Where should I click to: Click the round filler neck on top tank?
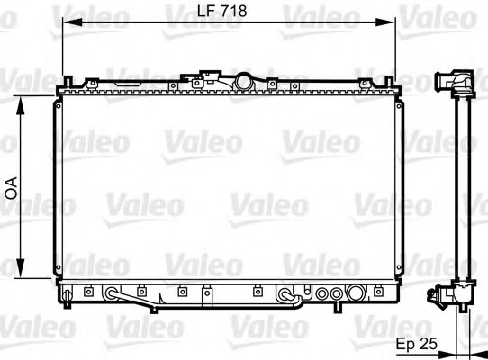point(245,81)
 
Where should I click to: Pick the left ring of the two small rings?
point(323,292)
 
